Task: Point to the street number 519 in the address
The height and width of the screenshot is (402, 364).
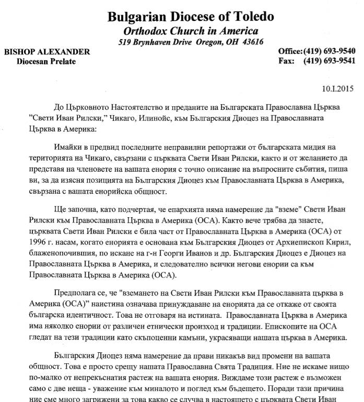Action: [x=126, y=41]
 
